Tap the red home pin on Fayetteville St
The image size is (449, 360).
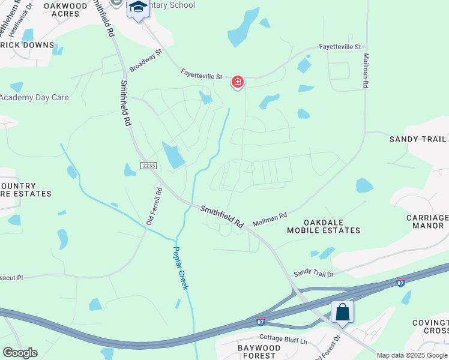pos(238,82)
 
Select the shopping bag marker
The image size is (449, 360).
pos(342,312)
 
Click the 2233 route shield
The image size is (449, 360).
pos(149,165)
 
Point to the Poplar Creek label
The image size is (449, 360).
pos(181,268)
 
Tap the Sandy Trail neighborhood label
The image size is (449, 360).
pos(418,139)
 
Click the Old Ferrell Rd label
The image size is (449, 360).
pos(155,207)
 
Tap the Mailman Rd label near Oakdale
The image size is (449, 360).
pos(270,218)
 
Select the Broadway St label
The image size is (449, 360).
pos(146,61)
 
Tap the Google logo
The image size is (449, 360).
pos(20,353)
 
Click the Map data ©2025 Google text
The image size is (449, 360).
pos(412,355)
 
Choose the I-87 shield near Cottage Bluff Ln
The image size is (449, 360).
pos(260,322)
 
